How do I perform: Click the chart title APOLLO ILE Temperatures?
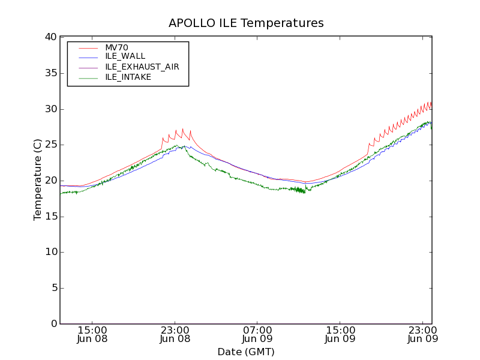pyautogui.click(x=246, y=23)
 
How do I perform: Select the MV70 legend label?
pyautogui.click(x=117, y=48)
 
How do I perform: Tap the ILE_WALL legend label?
pyautogui.click(x=125, y=56)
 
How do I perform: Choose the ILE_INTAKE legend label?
pyautogui.click(x=128, y=77)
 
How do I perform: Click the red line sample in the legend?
pyautogui.click(x=88, y=48)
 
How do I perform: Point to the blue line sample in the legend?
pyautogui.click(x=88, y=56)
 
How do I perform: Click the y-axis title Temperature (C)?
pyautogui.click(x=38, y=179)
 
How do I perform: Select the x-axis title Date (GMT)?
pyautogui.click(x=246, y=352)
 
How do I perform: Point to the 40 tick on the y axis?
pyautogui.click(x=50, y=37)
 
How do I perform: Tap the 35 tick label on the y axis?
pyautogui.click(x=50, y=73)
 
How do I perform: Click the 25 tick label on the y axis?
pyautogui.click(x=50, y=145)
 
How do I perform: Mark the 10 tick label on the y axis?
pyautogui.click(x=50, y=252)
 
